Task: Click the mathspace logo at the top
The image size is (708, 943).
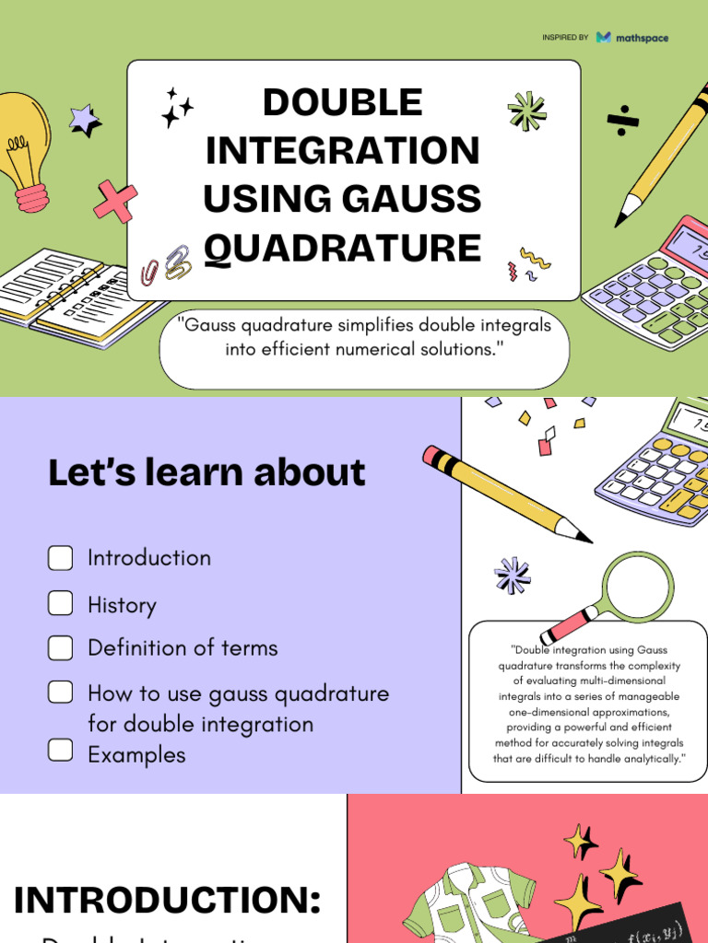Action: [631, 38]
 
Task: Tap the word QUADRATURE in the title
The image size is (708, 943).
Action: [342, 249]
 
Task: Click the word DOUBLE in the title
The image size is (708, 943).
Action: [342, 102]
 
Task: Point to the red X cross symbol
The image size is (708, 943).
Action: [115, 201]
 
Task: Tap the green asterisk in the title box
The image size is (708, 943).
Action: [526, 111]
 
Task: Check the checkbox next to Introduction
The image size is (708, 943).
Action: [61, 558]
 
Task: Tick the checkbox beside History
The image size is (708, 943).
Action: [61, 604]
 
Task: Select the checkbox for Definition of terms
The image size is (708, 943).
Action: [61, 647]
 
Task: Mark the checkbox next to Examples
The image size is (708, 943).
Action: [61, 751]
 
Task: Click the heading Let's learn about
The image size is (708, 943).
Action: [206, 472]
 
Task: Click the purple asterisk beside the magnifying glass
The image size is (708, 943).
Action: [512, 576]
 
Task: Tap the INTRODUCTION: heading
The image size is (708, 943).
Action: [168, 900]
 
